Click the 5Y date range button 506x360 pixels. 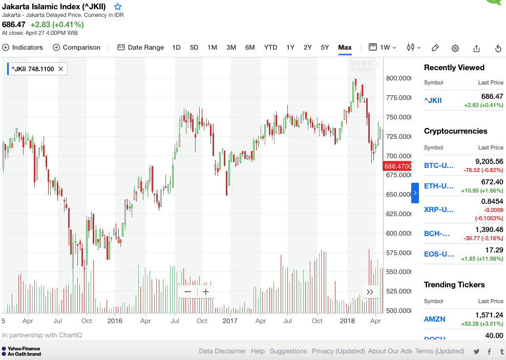[x=325, y=48]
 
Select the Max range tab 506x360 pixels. [x=345, y=48]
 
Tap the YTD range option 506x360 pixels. [x=270, y=48]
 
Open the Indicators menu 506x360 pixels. [x=23, y=48]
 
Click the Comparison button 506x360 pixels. [x=76, y=48]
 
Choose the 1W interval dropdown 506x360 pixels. [x=383, y=48]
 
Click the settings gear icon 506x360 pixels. [x=455, y=48]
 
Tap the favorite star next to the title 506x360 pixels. [x=118, y=7]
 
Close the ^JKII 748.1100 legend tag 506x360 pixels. [x=61, y=69]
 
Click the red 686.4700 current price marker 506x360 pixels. [x=397, y=166]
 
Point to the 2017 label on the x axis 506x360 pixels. [x=230, y=321]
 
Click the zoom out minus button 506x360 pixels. [x=187, y=292]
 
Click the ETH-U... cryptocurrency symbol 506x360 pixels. [x=439, y=186]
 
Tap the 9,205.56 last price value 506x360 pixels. [x=489, y=161]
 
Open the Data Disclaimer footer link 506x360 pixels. [x=222, y=351]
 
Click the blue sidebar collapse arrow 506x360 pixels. [x=415, y=193]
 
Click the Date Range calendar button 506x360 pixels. [x=141, y=48]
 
